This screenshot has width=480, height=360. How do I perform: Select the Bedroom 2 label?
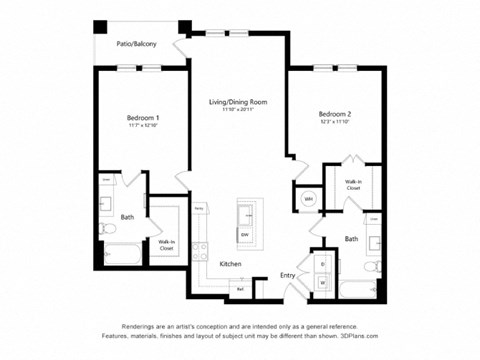coord(336,116)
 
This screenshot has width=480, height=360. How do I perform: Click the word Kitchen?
coord(231,264)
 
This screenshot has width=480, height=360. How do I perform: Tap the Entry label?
coord(287,275)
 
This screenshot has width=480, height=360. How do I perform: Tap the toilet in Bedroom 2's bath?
coord(372,267)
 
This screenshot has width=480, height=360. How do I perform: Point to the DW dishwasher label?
coord(244,234)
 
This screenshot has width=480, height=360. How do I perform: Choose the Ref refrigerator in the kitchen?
coord(240,289)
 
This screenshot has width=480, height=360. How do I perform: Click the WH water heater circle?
coord(309,199)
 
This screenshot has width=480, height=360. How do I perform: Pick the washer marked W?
coord(323,283)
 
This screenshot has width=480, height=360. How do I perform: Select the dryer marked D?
coord(323,264)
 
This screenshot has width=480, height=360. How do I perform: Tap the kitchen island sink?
coord(245,214)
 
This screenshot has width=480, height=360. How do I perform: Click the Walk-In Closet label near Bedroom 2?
coord(353,184)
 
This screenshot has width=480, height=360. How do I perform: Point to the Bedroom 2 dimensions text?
coord(336,124)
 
